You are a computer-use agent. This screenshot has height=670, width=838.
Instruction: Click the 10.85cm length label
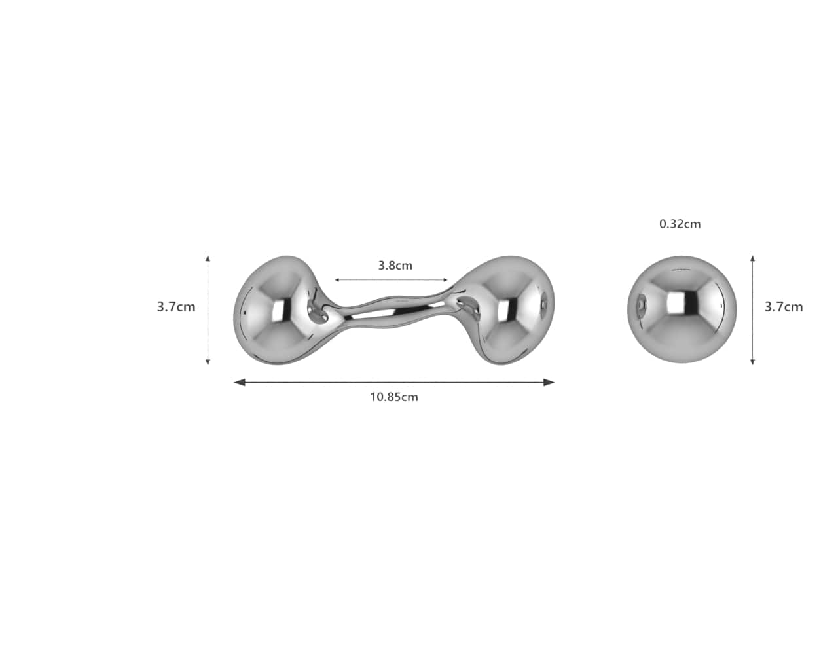[x=393, y=397]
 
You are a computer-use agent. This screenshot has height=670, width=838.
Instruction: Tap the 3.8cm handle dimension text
[x=395, y=266]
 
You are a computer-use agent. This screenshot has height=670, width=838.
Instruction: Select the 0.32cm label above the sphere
[x=680, y=224]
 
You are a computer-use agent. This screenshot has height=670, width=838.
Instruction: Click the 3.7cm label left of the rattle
[x=176, y=306]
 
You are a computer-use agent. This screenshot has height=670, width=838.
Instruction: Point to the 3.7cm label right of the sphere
[x=784, y=306]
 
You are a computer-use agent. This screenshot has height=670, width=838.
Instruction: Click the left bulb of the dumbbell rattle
[x=272, y=309]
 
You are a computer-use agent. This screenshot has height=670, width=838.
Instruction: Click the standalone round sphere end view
[x=682, y=309]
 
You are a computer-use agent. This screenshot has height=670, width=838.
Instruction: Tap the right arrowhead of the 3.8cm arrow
[x=446, y=280]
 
